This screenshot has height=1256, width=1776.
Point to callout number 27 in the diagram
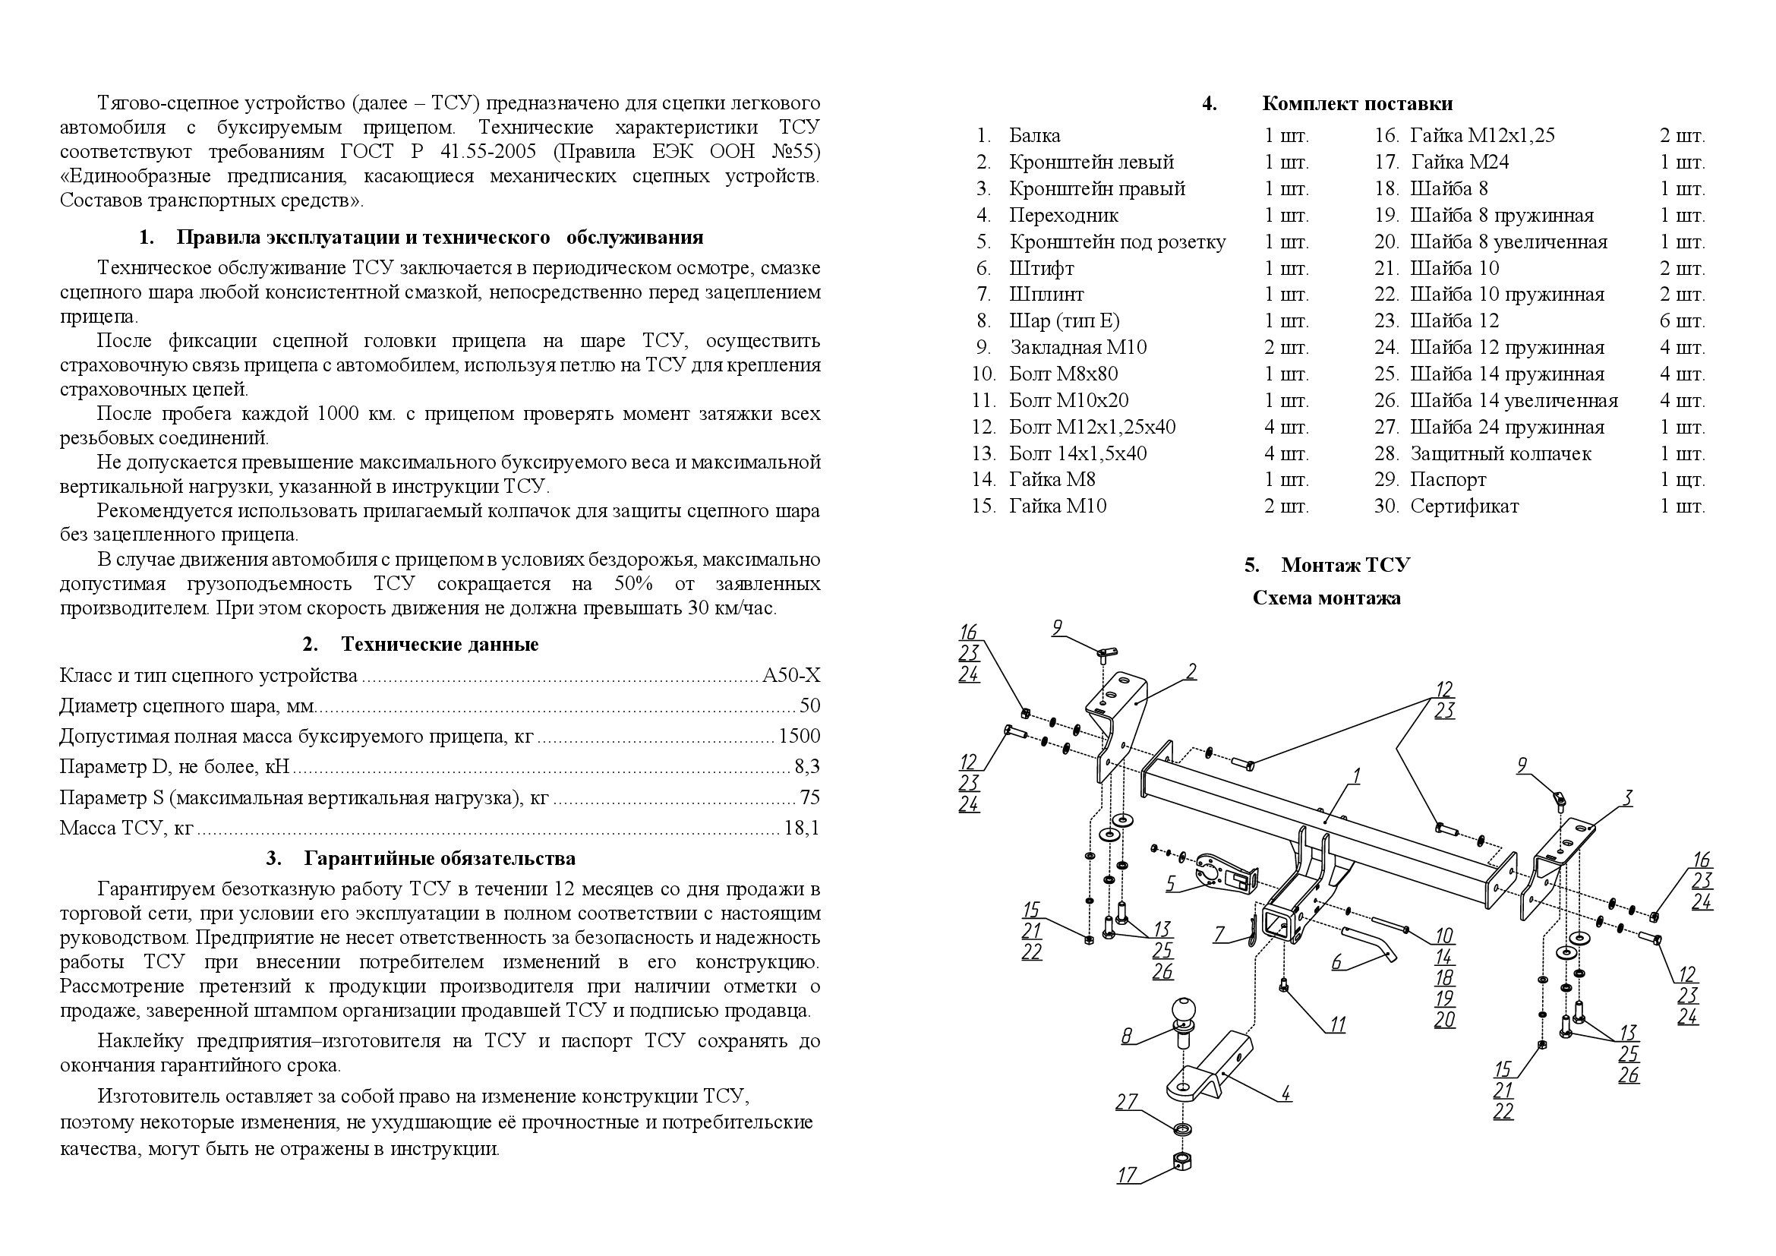coord(1126,1101)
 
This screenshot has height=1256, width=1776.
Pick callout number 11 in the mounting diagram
coord(1337,1024)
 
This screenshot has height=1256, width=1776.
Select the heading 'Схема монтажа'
coord(1326,598)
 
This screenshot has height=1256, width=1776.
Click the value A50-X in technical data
coord(790,676)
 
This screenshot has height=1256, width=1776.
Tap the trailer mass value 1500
coord(799,737)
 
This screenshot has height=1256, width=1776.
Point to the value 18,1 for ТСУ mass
coord(800,828)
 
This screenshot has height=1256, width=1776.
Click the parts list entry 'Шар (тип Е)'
coord(1064,321)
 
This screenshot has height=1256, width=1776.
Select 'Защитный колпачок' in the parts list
coord(1500,453)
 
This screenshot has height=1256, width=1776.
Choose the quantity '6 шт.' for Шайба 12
coord(1682,321)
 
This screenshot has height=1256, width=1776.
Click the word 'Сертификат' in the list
coord(1463,507)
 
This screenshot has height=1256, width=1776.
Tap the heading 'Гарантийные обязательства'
coord(440,859)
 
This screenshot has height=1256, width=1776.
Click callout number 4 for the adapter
coord(1285,1093)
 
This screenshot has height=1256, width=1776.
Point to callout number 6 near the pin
coord(1336,962)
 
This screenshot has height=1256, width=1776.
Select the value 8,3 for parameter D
coord(807,767)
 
